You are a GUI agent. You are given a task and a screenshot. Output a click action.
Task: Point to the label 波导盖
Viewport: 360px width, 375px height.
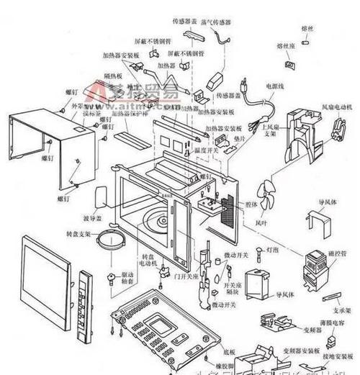95,218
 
